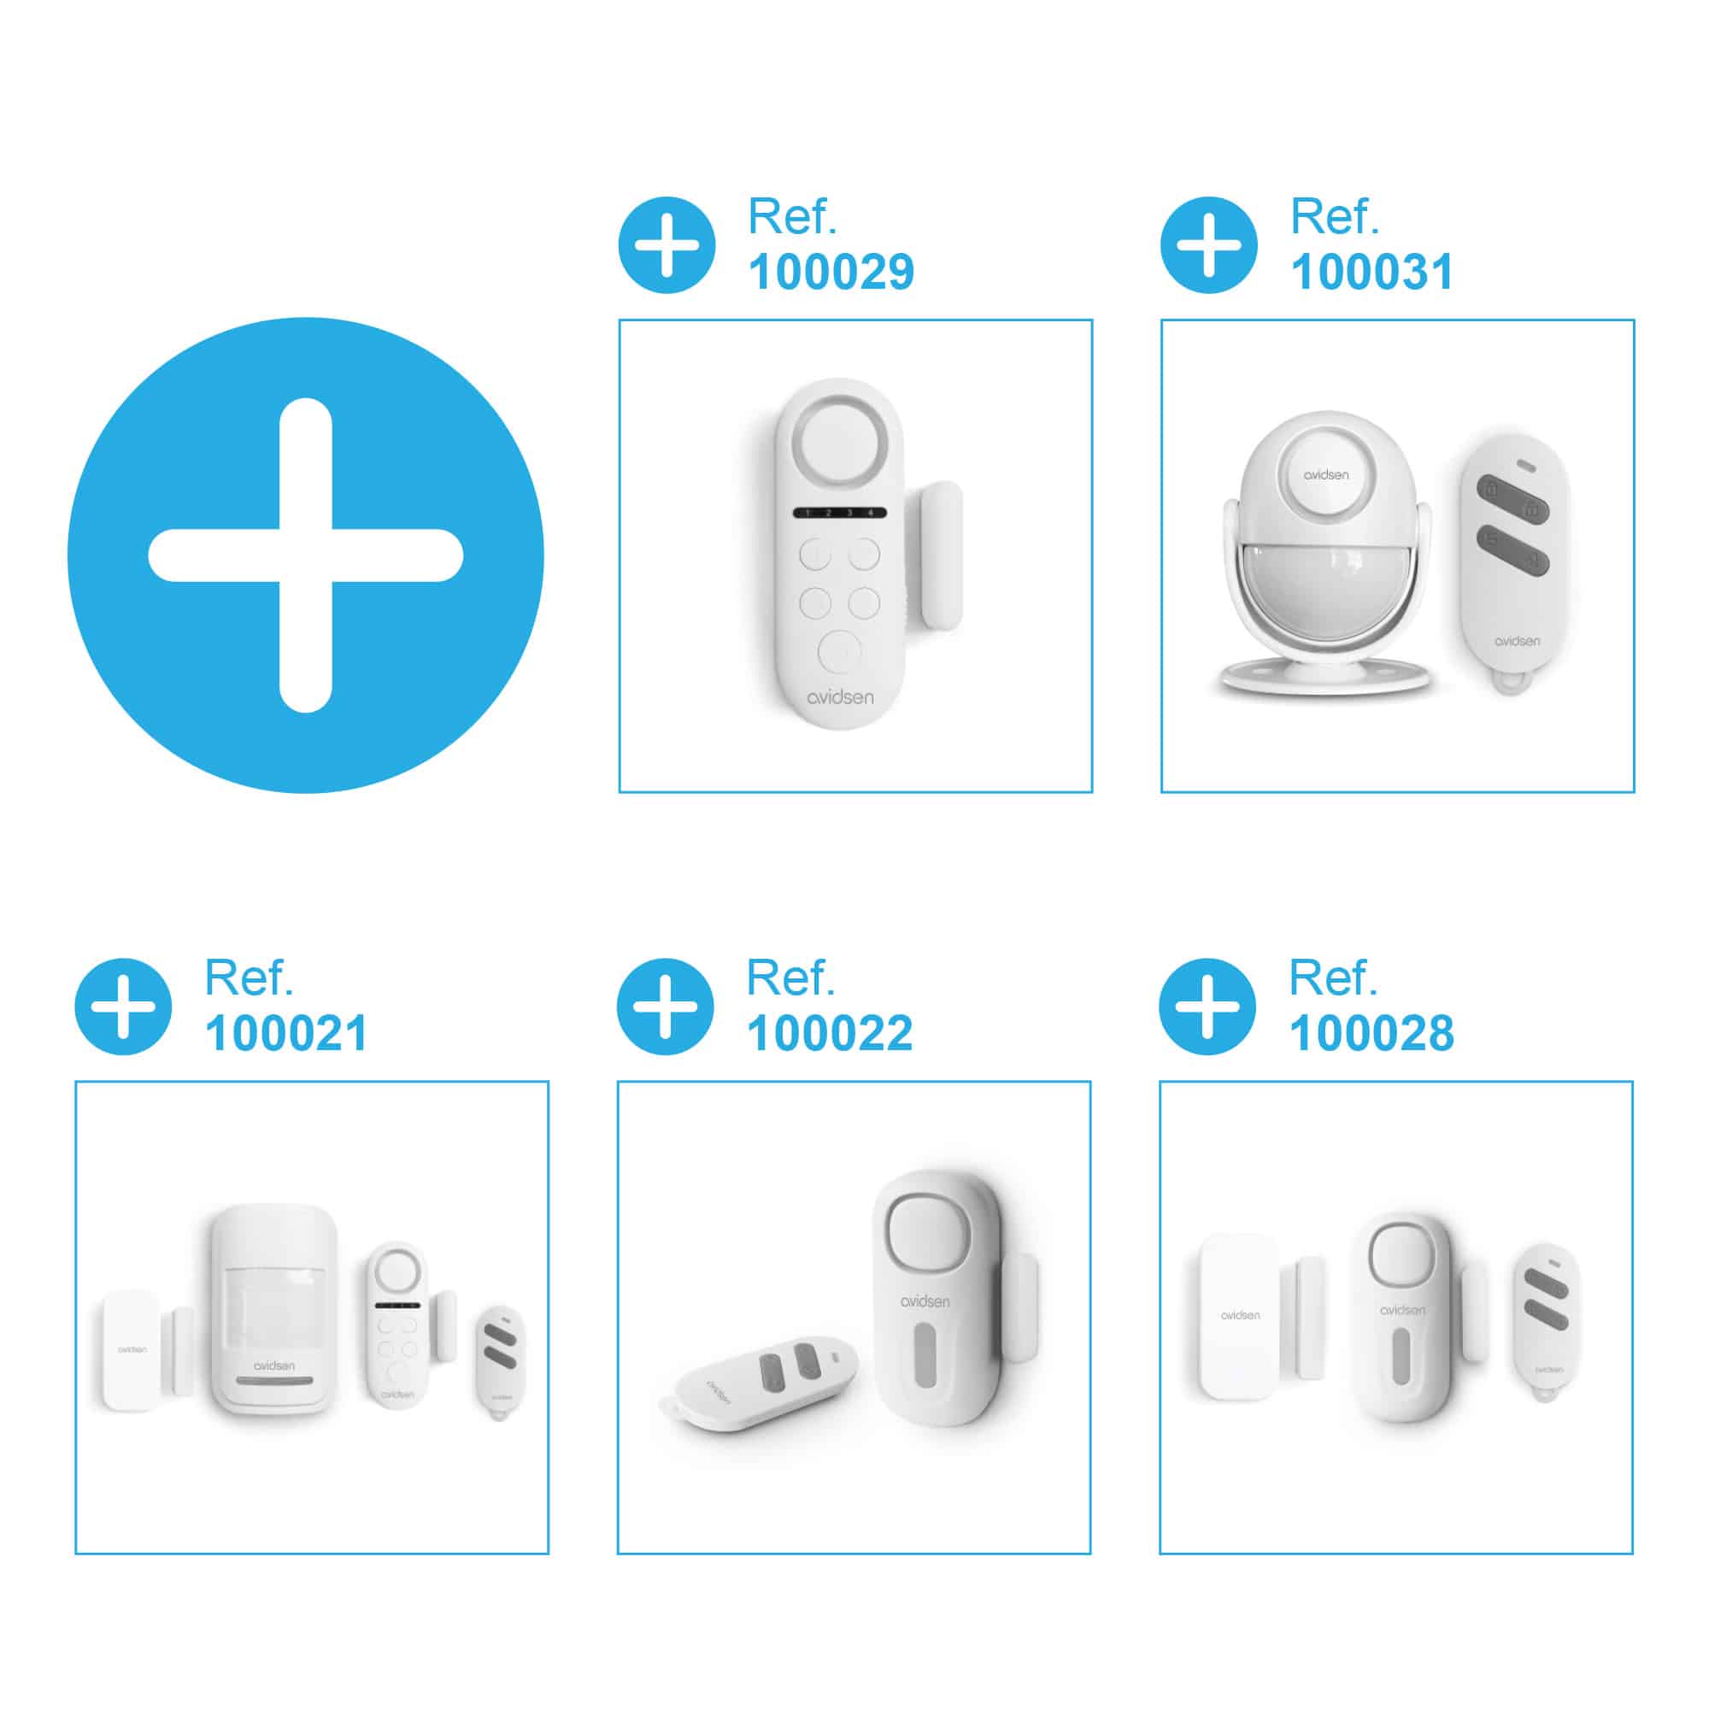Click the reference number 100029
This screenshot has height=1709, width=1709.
(x=831, y=272)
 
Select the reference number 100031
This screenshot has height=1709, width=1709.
(x=1372, y=272)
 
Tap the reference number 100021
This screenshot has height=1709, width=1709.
(x=285, y=1033)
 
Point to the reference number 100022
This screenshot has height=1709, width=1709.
(x=829, y=1033)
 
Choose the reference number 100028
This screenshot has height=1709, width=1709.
(x=1371, y=1033)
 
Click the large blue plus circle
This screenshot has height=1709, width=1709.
(x=305, y=555)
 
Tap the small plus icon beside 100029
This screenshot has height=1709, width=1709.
(x=667, y=245)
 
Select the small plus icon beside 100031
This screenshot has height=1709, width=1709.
(x=1208, y=245)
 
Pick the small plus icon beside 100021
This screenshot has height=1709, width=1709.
(x=123, y=1007)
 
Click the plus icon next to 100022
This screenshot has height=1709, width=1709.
(x=665, y=1007)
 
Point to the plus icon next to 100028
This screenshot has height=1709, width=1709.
(x=1207, y=1007)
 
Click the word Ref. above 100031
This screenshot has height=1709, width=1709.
(x=1334, y=216)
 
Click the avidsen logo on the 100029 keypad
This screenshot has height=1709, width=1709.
(x=839, y=697)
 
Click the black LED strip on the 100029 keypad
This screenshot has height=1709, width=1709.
(x=839, y=513)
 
